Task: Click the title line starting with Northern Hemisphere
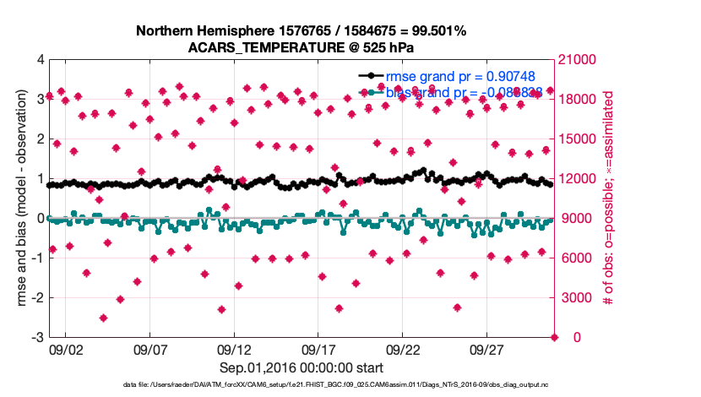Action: (x=301, y=31)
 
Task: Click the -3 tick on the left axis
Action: (x=37, y=337)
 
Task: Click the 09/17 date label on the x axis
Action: (x=318, y=349)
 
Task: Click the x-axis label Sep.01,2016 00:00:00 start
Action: (x=301, y=367)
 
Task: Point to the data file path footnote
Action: (x=301, y=385)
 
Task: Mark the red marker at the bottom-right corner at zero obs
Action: (x=554, y=337)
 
